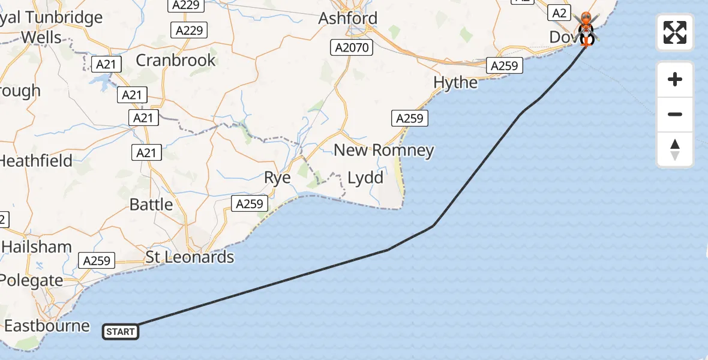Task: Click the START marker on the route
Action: tap(121, 332)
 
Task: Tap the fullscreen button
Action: tap(675, 32)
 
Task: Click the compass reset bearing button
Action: tap(675, 149)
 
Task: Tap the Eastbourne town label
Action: tap(47, 326)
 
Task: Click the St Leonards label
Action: tap(190, 257)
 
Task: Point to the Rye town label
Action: tap(277, 178)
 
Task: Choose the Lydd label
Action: tap(365, 178)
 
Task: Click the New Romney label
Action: tap(384, 150)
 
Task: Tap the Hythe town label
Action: tap(455, 82)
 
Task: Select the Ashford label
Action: tap(348, 18)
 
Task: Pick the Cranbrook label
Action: tap(176, 60)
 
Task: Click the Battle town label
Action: tap(151, 205)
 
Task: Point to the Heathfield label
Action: tap(36, 161)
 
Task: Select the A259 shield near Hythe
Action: tap(503, 66)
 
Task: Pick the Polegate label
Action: tap(32, 280)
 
